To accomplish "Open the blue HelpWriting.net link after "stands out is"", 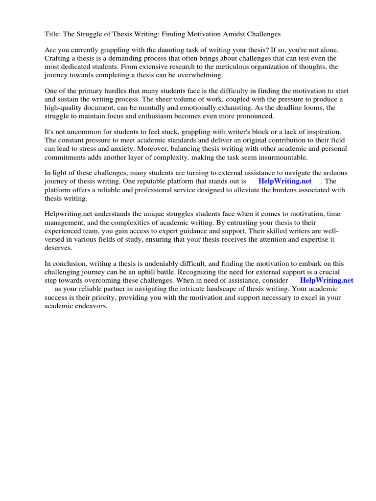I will (x=285, y=182).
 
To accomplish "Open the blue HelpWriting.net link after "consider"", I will (x=327, y=280).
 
